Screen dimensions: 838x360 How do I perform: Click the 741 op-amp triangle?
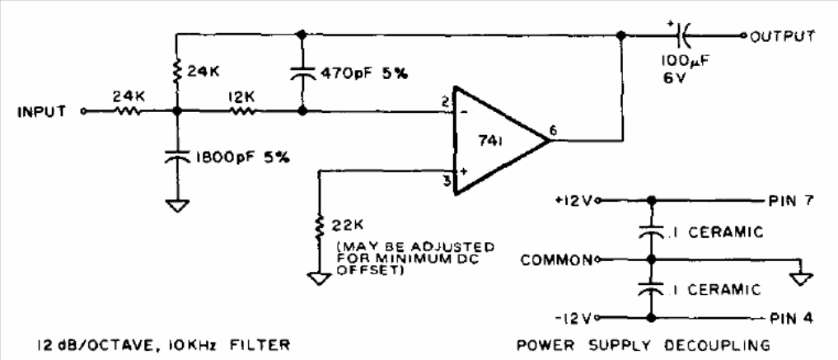click(x=501, y=141)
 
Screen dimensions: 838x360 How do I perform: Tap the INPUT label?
click(x=42, y=112)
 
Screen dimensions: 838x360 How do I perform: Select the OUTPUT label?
click(x=783, y=36)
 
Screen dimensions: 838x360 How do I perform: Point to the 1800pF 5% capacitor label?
click(x=243, y=157)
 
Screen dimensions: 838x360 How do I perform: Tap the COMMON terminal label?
click(x=556, y=260)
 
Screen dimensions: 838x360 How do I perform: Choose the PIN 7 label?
click(x=792, y=201)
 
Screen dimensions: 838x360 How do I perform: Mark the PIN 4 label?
click(x=792, y=319)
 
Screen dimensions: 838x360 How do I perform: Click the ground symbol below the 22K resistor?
click(x=319, y=278)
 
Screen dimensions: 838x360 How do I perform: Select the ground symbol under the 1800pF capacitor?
click(x=177, y=206)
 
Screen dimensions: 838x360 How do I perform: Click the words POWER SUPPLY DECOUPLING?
click(x=644, y=345)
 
